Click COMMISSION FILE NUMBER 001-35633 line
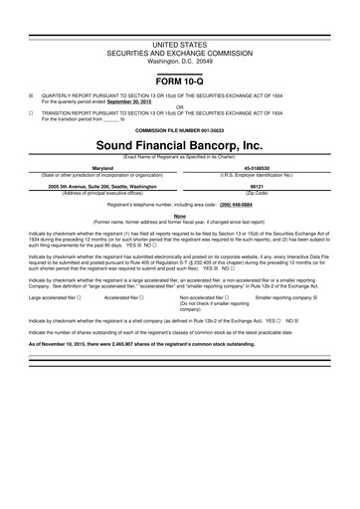180,129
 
